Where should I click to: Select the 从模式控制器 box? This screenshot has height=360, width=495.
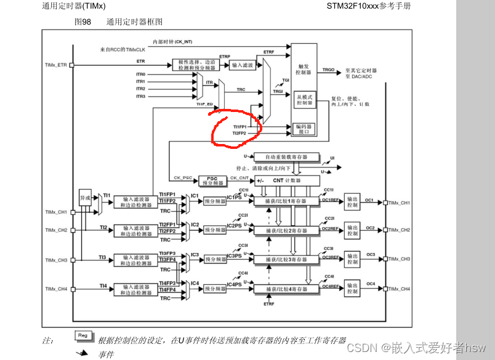[x=304, y=100]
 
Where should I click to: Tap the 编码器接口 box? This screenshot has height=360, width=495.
[x=304, y=129]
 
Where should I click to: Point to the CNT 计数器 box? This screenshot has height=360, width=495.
[x=286, y=180]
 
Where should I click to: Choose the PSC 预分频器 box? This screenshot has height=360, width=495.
[x=212, y=181]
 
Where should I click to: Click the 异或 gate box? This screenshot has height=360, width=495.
[x=85, y=198]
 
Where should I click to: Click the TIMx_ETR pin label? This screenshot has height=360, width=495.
[x=56, y=65]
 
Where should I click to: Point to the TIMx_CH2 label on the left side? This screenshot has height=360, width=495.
[x=56, y=230]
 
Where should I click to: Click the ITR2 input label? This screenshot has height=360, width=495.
[x=141, y=89]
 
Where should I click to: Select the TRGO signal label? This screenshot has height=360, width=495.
[x=329, y=70]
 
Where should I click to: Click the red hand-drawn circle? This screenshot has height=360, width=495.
[x=236, y=129]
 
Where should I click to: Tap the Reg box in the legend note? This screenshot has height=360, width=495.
[x=82, y=336]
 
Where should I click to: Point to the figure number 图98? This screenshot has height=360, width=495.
[x=82, y=22]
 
